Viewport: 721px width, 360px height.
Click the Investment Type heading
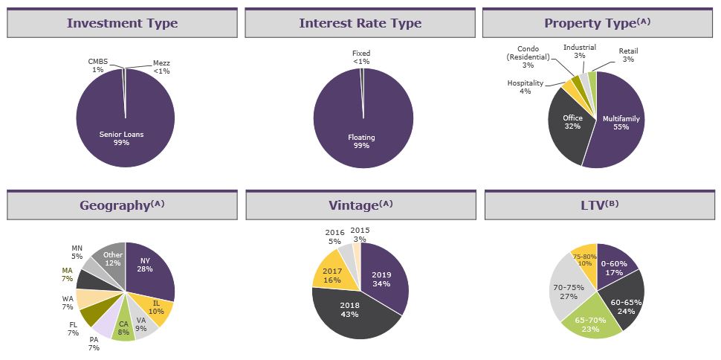point(123,23)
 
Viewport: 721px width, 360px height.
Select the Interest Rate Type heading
point(360,23)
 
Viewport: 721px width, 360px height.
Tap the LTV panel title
point(598,205)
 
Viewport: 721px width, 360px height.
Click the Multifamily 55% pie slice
point(621,123)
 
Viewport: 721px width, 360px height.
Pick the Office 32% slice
point(571,123)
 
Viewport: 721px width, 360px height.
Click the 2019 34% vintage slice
point(381,279)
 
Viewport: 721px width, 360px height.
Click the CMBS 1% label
point(97,65)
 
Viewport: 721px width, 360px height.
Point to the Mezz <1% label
point(161,67)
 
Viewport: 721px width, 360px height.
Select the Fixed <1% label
point(361,57)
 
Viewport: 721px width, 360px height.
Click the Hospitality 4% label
point(525,87)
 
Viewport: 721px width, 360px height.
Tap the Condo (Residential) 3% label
point(528,57)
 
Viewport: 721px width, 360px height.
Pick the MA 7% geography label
point(67,274)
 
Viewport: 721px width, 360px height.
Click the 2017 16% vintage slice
point(332,275)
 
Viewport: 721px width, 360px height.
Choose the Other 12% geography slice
point(112,258)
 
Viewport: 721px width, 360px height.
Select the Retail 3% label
point(628,55)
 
